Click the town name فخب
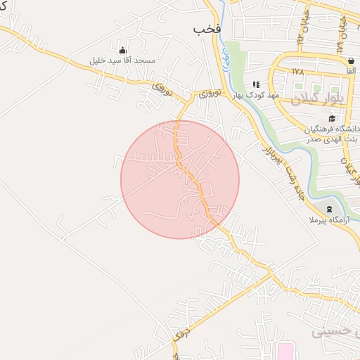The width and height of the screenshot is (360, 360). [207, 30]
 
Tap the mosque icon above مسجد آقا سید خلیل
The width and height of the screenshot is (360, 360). [123, 51]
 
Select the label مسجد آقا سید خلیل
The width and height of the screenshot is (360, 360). [122, 61]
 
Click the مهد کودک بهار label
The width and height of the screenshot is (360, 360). [257, 94]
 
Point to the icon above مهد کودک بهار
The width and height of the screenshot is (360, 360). [256, 84]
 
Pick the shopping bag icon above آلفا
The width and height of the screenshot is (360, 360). [350, 60]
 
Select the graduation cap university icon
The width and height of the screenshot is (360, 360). [332, 118]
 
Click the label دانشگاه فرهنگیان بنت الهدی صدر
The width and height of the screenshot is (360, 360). [333, 134]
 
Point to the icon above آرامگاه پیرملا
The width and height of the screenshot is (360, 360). [330, 210]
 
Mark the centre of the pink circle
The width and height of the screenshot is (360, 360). [180, 179]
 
